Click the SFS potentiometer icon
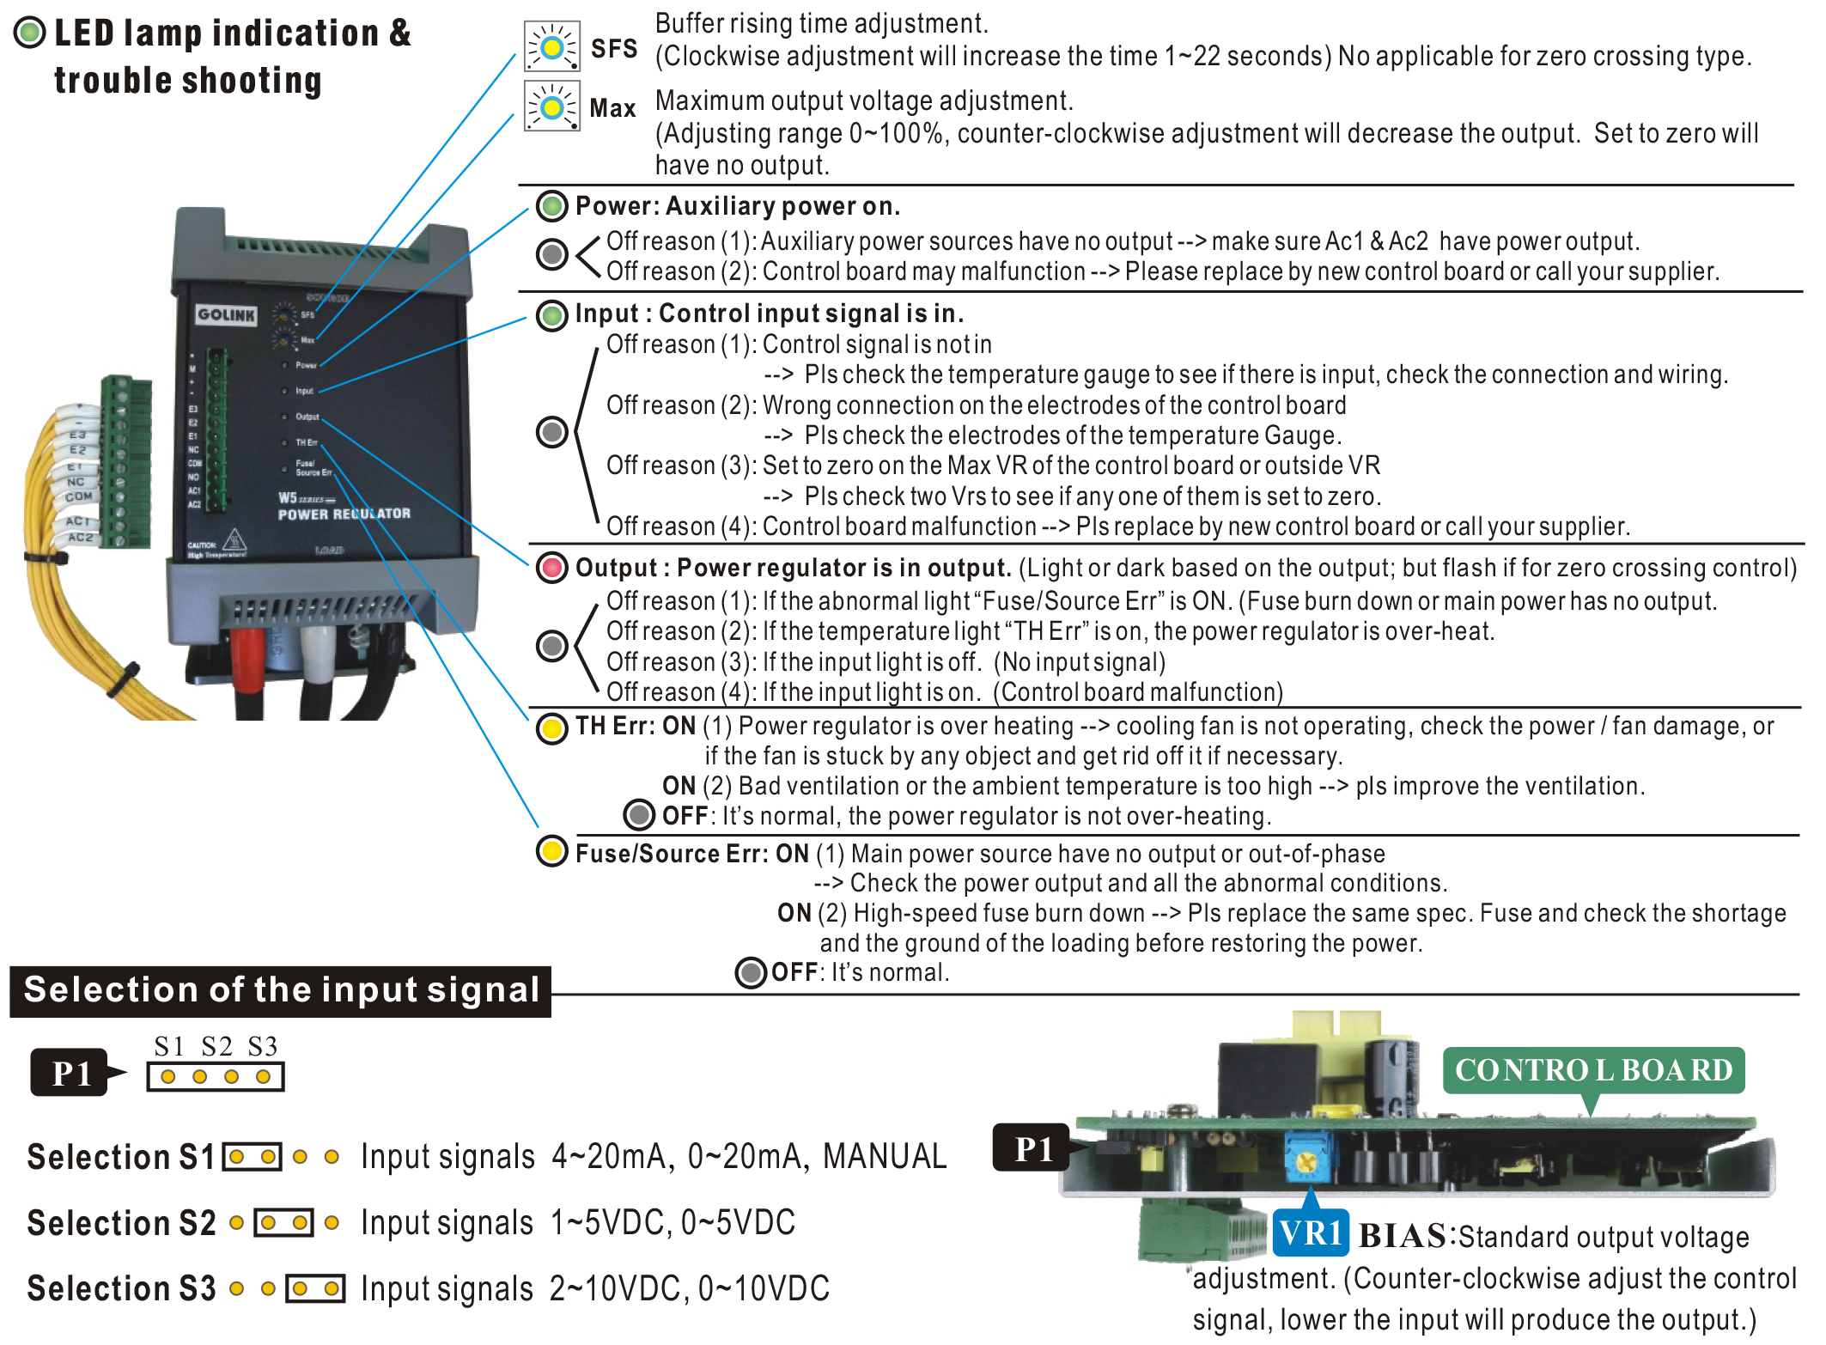coord(552,46)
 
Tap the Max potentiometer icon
coord(552,107)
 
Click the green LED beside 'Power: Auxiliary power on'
coord(552,206)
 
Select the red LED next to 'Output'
coord(552,568)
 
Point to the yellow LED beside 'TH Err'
coord(552,728)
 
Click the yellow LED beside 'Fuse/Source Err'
coord(552,852)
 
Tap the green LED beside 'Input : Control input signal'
coord(552,314)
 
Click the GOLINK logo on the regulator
coord(226,314)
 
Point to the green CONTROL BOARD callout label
coord(1593,1070)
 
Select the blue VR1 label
coord(1310,1234)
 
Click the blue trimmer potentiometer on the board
coord(1306,1160)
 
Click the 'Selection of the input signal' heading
coord(281,990)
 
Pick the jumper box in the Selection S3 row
coord(316,1288)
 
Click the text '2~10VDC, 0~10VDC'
coord(689,1288)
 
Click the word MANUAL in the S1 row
coord(884,1157)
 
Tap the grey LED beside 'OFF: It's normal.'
coord(751,973)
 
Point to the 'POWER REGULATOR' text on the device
coord(344,514)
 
